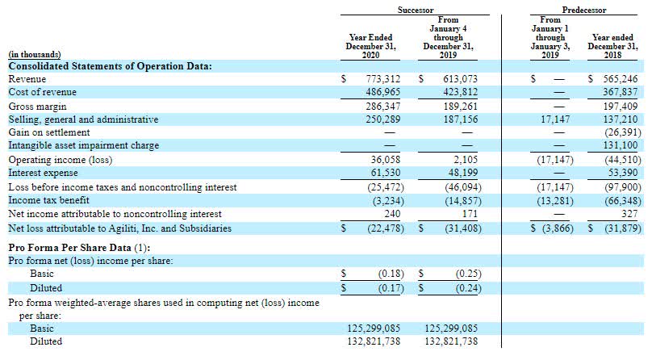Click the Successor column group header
click(x=415, y=10)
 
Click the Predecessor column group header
click(x=586, y=10)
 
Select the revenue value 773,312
click(x=383, y=80)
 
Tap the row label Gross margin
click(x=36, y=106)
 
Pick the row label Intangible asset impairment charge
click(x=83, y=145)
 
